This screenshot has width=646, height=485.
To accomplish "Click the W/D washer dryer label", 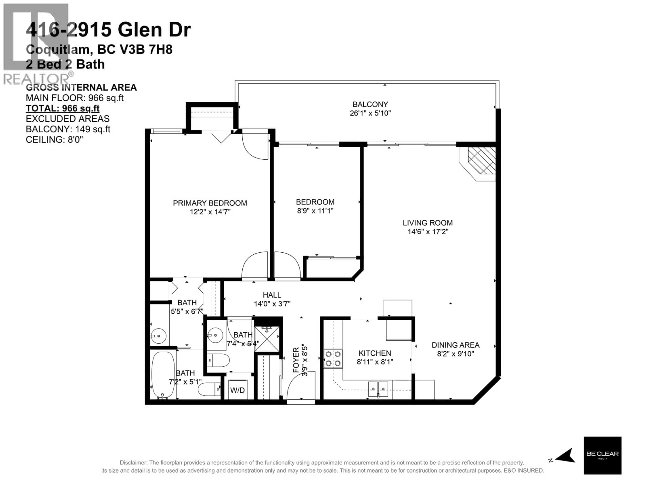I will (x=237, y=390).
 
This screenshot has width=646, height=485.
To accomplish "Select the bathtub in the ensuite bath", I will (x=163, y=375).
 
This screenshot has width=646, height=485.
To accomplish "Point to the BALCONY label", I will (x=370, y=104).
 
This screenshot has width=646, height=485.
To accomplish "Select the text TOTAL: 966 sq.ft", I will (x=63, y=108).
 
